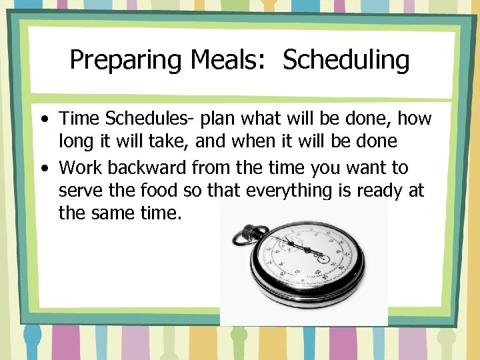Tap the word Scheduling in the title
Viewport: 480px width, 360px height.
click(x=346, y=61)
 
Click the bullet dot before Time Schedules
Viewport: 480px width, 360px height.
click(x=44, y=120)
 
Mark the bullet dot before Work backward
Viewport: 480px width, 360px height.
click(x=44, y=168)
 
